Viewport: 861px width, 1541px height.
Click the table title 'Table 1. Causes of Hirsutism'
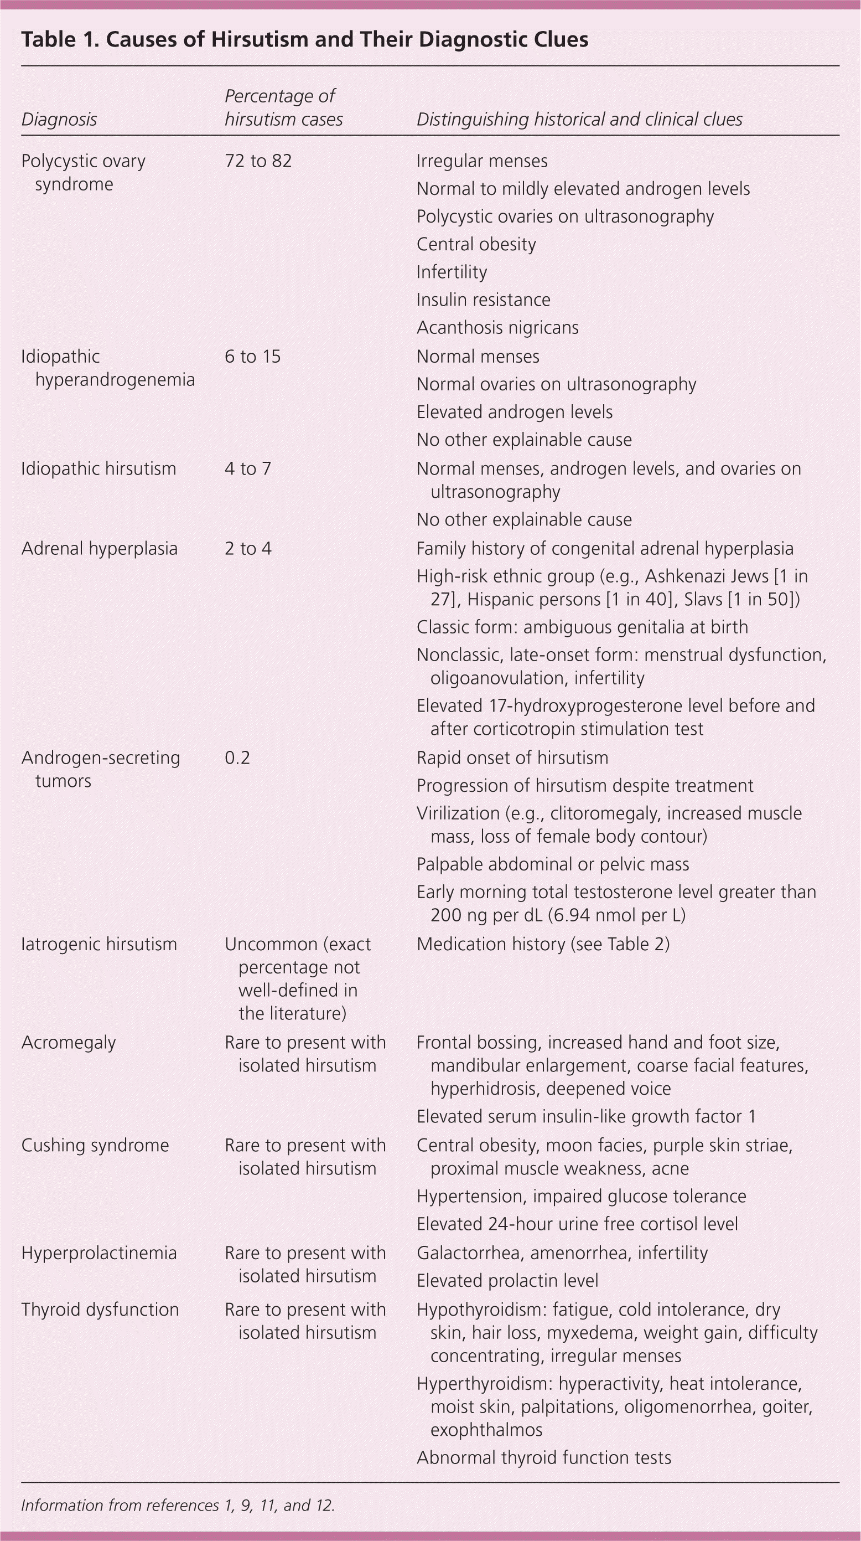click(304, 39)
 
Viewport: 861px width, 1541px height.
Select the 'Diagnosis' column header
click(59, 120)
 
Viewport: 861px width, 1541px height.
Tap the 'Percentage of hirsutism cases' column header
click(283, 107)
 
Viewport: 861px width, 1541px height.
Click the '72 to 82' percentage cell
click(258, 161)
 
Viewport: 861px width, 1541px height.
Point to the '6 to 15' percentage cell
click(252, 357)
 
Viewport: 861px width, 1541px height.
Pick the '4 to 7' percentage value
click(247, 468)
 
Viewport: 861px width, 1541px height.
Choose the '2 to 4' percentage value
click(247, 549)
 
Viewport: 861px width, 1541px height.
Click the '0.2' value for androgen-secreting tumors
click(237, 758)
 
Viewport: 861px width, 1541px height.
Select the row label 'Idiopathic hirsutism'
click(98, 468)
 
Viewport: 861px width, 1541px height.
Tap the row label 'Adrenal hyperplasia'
click(99, 549)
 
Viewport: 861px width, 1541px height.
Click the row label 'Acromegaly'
click(68, 1043)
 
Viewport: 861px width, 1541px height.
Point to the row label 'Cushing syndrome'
click(95, 1146)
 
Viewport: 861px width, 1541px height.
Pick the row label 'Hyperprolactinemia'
click(98, 1253)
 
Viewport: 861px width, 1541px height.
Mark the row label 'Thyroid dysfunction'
click(100, 1310)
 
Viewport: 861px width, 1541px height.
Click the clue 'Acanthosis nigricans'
click(497, 328)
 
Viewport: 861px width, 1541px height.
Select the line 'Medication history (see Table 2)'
click(543, 944)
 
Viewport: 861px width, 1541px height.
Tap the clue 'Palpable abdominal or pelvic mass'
click(552, 864)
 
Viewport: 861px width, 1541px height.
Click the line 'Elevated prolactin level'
click(507, 1281)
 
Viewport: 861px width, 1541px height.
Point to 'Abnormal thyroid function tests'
click(543, 1458)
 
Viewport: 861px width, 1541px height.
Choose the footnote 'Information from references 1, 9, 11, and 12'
click(178, 1505)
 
